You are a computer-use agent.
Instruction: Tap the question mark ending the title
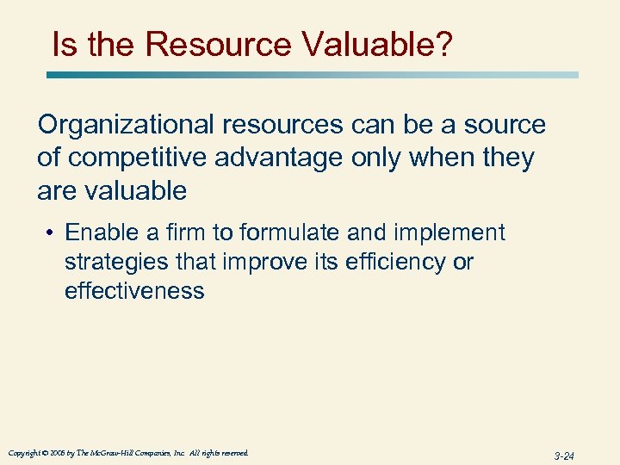[443, 44]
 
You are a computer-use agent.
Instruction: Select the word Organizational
[126, 125]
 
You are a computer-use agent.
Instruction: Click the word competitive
[130, 158]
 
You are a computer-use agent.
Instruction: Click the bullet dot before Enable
[53, 233]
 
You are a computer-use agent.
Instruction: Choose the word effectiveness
[134, 291]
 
